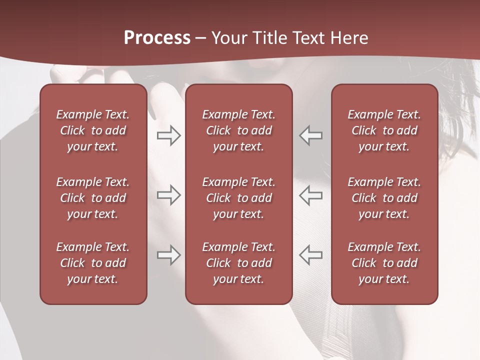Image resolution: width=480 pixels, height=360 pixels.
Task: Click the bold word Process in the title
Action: pos(157,38)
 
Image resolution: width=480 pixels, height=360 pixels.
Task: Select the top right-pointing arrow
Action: pos(168,135)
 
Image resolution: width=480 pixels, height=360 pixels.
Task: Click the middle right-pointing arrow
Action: pos(168,195)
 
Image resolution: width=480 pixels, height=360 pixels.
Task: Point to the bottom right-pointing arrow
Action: pos(168,255)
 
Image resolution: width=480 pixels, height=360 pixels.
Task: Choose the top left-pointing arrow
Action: pos(311,135)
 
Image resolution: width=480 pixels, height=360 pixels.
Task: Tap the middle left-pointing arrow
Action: pos(311,195)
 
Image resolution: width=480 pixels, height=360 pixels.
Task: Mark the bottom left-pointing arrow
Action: pos(311,255)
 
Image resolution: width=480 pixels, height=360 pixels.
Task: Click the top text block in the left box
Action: pos(93,130)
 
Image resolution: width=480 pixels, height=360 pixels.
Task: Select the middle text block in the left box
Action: pos(93,198)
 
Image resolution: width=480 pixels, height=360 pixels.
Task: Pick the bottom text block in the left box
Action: pos(93,263)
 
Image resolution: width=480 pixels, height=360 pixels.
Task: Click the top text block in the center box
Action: pos(239,130)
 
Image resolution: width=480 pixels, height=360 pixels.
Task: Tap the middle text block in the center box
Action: pos(239,198)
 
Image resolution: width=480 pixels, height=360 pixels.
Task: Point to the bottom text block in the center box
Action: pos(239,263)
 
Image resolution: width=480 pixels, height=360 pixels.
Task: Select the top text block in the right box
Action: pos(384,130)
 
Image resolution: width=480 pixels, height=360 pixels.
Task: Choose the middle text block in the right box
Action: pos(384,198)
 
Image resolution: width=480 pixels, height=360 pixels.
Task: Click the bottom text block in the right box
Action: pos(384,263)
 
